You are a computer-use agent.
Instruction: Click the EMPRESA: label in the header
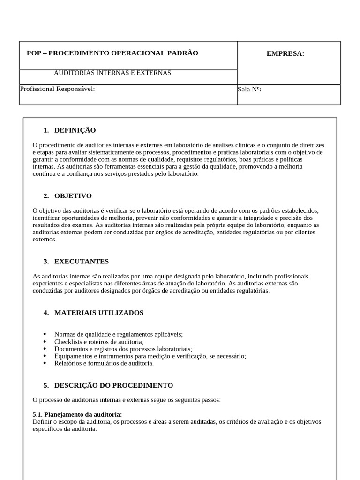tap(285, 53)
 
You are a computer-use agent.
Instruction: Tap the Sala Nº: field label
tap(249, 89)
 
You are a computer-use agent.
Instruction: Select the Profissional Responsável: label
tap(57, 89)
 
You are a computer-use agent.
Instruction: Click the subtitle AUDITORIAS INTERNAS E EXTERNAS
tap(112, 73)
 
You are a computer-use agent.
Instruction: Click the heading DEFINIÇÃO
tap(75, 130)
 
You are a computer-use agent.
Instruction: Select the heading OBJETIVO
tap(73, 196)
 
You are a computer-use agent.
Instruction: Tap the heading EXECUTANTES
tap(82, 262)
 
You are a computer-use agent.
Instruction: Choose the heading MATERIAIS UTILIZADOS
tap(99, 313)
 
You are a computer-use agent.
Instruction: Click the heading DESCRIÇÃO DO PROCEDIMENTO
tap(113, 385)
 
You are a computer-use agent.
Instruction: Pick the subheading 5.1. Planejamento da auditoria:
tap(77, 414)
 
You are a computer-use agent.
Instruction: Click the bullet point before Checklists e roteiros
tap(45, 342)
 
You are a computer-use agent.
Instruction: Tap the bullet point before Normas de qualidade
tap(45, 334)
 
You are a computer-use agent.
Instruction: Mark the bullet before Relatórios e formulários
tap(45, 363)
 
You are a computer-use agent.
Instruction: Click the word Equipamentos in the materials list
tap(71, 356)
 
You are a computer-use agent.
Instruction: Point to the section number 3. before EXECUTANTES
tap(46, 262)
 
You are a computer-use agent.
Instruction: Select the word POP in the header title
tap(34, 53)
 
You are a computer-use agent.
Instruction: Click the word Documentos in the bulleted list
tap(69, 349)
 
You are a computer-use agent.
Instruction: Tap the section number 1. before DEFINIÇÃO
tap(46, 130)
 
